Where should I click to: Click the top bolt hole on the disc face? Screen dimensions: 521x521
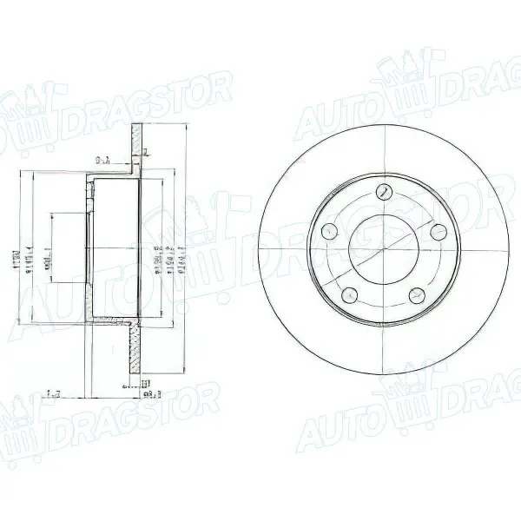[383, 193]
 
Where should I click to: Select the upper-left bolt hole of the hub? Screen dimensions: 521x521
[330, 231]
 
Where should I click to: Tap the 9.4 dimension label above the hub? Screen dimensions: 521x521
[102, 160]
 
